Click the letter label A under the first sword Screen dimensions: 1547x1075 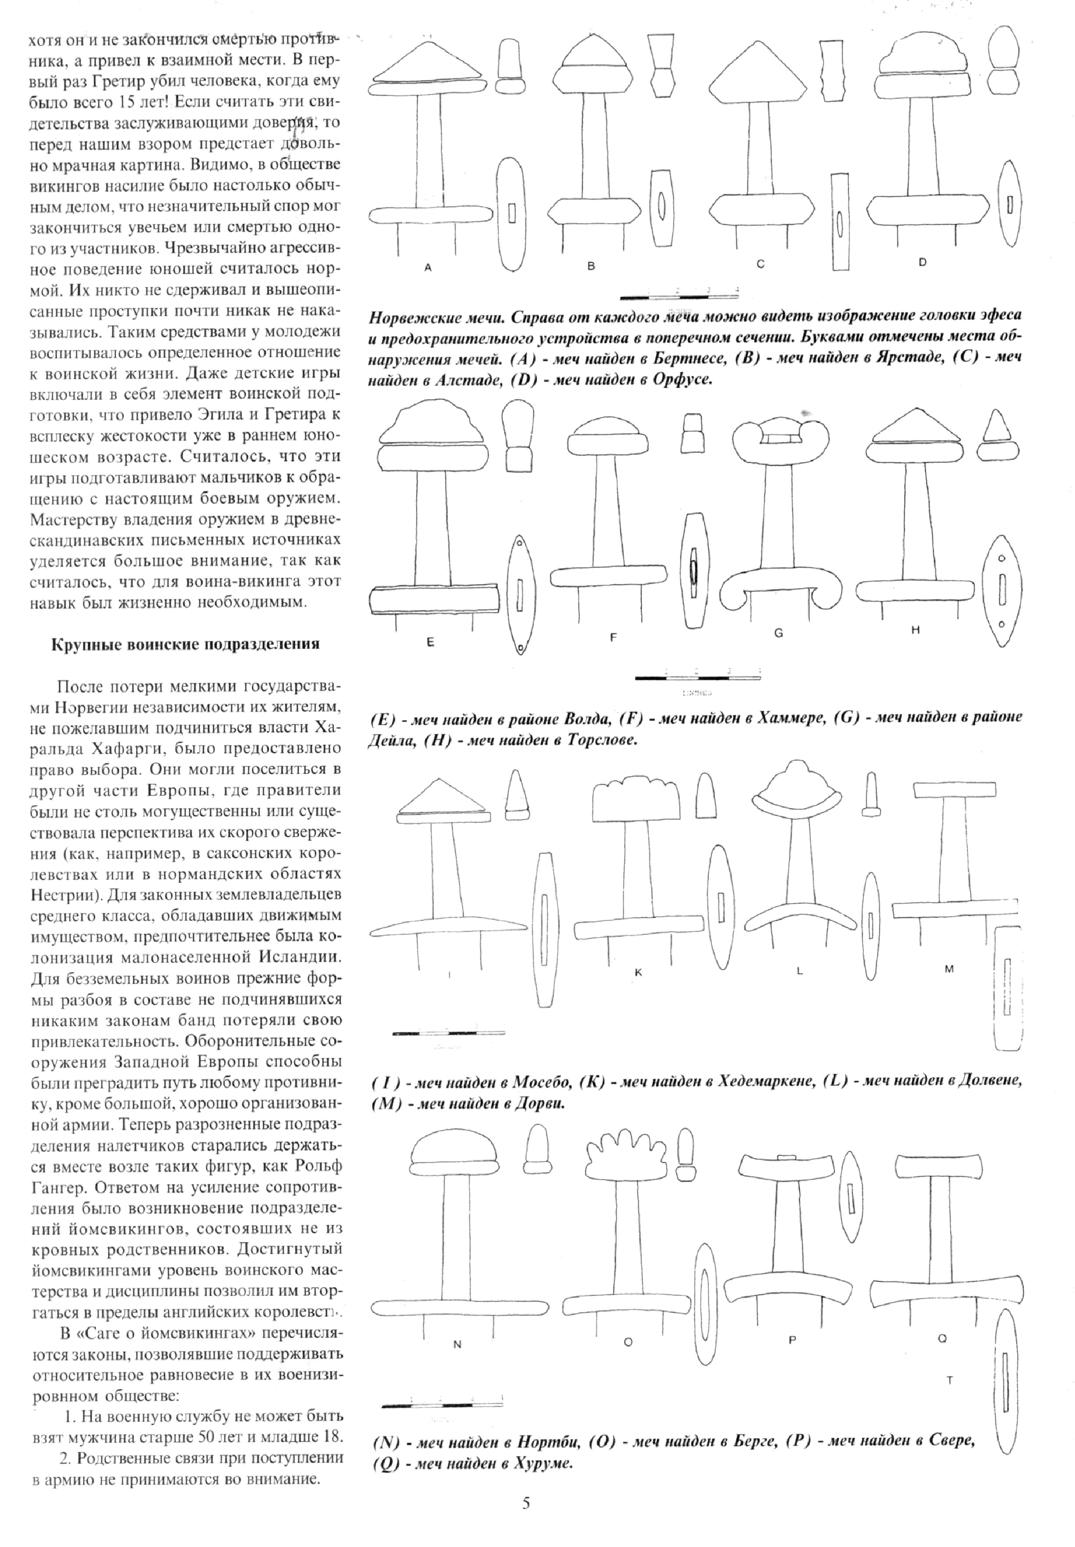point(428,267)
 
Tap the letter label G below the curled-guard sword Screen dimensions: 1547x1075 point(778,633)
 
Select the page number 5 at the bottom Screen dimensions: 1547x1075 point(526,1517)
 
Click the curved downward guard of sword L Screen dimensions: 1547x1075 point(799,916)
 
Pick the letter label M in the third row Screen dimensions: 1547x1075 point(949,969)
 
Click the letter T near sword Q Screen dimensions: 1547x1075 point(950,1394)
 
